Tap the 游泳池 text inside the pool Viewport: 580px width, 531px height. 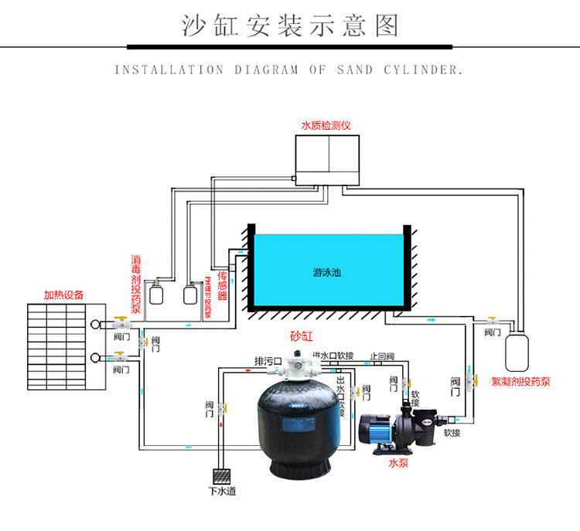coord(328,273)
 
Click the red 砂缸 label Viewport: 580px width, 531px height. coord(299,336)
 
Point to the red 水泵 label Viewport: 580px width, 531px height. coord(397,464)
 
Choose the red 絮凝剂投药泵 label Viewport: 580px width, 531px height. coord(520,380)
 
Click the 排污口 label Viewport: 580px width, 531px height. coord(268,361)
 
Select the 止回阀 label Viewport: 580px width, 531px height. coord(382,356)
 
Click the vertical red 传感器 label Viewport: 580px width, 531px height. coord(222,286)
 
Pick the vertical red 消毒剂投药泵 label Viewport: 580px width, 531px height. coord(136,286)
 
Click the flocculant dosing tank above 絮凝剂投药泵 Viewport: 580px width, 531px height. coord(517,350)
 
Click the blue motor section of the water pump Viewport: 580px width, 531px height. coord(377,429)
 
